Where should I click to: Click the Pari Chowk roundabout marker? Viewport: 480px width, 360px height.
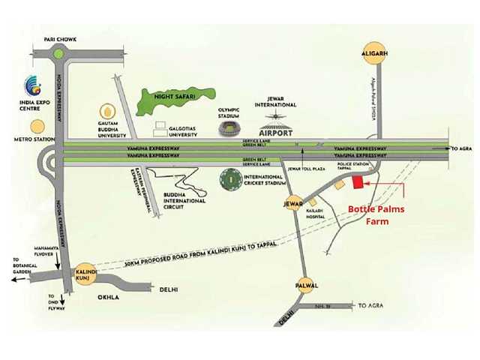click(58, 53)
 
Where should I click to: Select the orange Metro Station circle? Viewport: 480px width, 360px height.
click(36, 127)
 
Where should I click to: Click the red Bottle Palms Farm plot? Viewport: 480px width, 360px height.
click(358, 182)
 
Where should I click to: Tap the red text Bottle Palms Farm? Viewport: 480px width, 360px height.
click(376, 215)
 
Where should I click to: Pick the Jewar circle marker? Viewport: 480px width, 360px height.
click(293, 202)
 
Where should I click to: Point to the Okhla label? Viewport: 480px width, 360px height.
click(110, 296)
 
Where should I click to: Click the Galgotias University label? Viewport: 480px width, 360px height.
click(184, 130)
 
